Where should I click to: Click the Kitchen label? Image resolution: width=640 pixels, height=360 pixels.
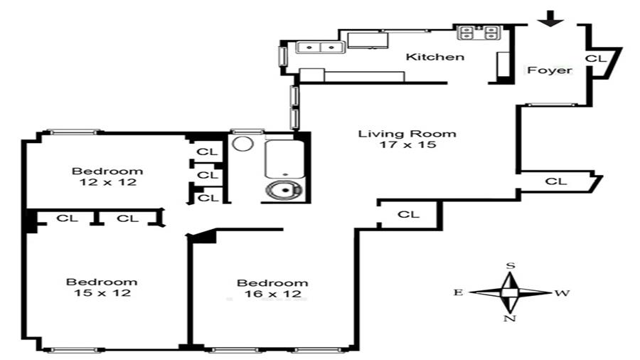click(x=434, y=57)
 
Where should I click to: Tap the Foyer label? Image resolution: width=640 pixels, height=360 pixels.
click(x=549, y=70)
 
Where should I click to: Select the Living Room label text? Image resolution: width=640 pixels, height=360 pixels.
click(x=407, y=133)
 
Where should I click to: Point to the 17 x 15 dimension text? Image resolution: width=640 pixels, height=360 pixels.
click(x=407, y=144)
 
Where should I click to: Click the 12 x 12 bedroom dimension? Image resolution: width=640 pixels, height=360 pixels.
click(x=107, y=182)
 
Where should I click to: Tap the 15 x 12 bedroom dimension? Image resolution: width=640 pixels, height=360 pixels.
click(x=102, y=292)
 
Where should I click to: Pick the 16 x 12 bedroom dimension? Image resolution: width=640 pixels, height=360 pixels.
click(x=272, y=293)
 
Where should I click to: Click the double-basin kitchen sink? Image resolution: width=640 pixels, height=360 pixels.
click(x=319, y=48)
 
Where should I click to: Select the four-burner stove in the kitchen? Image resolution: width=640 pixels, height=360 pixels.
click(x=479, y=32)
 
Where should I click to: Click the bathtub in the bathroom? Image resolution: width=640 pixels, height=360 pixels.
click(x=284, y=159)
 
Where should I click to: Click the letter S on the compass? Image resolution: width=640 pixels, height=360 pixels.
click(x=510, y=265)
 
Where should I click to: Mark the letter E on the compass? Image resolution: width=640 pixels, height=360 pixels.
click(x=459, y=292)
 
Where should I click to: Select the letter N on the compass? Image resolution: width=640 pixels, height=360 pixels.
click(x=509, y=318)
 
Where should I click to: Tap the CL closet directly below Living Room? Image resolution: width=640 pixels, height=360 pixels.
click(x=408, y=214)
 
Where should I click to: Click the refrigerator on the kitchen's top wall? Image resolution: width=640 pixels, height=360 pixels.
click(x=368, y=40)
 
